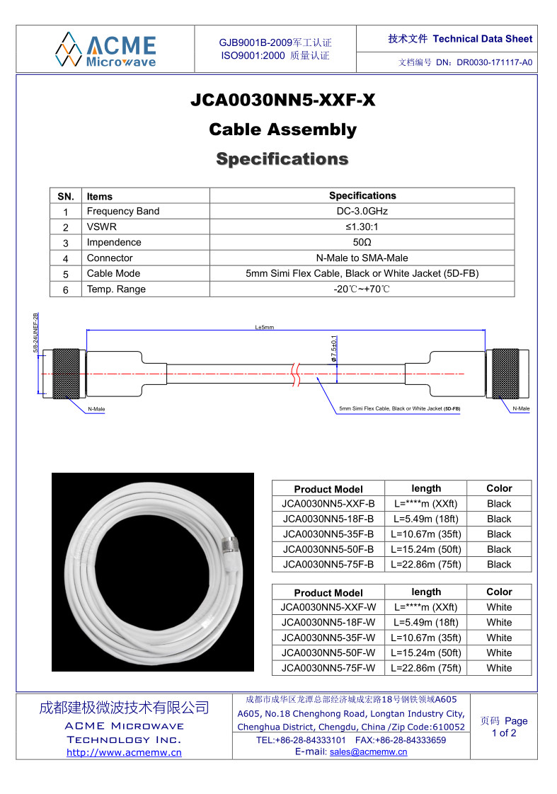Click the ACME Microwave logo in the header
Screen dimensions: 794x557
point(106,49)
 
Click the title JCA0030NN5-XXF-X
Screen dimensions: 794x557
point(282,100)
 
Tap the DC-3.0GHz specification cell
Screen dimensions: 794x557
point(362,211)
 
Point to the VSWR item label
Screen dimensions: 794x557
point(102,227)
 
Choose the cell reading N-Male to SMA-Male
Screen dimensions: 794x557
point(362,258)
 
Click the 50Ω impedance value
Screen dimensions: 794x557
point(362,242)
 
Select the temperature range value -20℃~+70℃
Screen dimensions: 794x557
point(362,289)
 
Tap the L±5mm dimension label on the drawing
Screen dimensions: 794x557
point(265,327)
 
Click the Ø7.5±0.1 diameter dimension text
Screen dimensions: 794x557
point(333,350)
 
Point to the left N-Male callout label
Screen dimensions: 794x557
point(96,409)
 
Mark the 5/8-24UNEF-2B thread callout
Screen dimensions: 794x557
point(36,333)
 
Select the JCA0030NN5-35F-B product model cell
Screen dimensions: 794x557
point(328,534)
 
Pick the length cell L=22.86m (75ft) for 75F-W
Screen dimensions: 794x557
point(426,668)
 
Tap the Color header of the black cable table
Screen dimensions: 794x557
point(499,488)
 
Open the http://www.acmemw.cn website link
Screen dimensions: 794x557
point(124,752)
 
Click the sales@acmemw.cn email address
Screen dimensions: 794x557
point(368,752)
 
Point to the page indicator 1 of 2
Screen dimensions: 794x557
point(504,733)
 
